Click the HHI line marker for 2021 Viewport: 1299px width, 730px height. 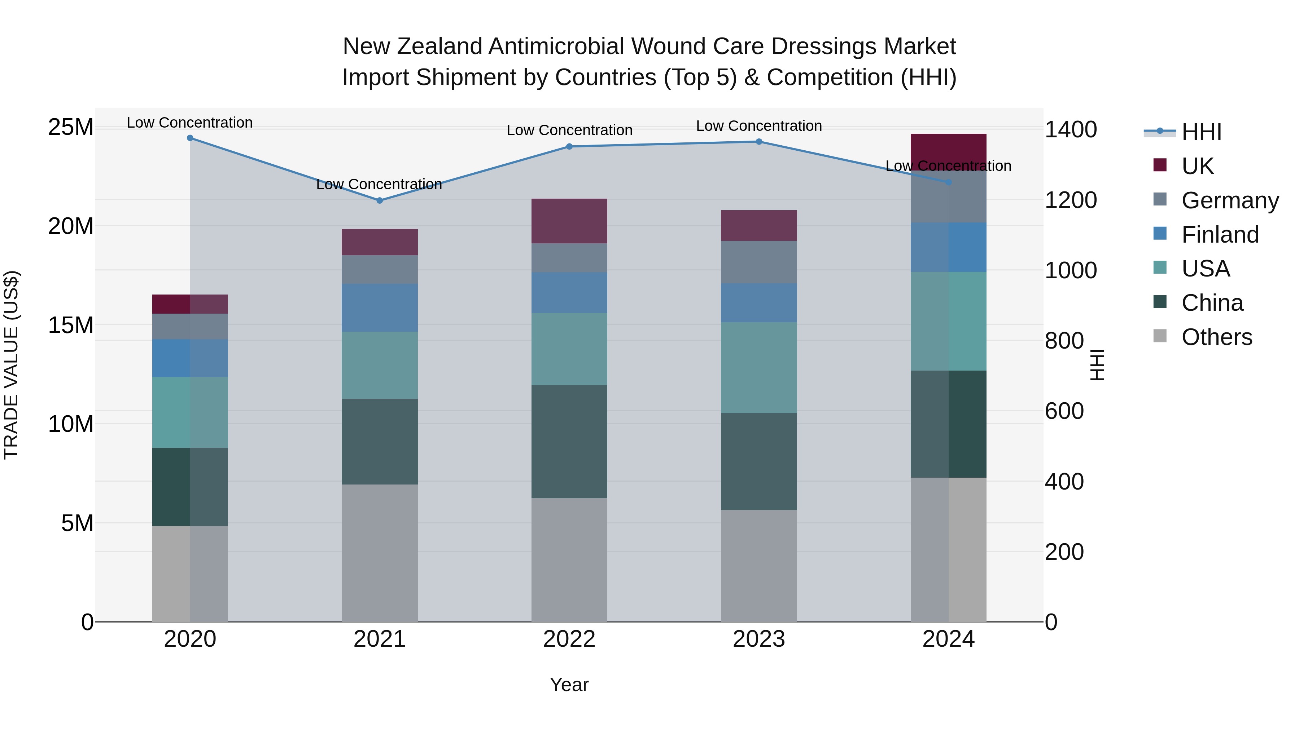tap(380, 200)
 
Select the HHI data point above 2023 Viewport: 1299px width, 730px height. tap(759, 142)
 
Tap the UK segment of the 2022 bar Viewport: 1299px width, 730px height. tap(569, 221)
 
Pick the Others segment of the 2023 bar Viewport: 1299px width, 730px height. tap(759, 565)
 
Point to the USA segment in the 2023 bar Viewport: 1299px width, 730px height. tap(759, 368)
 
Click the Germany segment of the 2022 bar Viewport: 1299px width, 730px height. tap(569, 258)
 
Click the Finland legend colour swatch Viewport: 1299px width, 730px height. tap(1160, 234)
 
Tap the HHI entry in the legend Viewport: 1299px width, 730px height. tap(1201, 132)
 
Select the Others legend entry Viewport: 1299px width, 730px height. tap(1216, 337)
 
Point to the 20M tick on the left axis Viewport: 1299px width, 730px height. tap(71, 226)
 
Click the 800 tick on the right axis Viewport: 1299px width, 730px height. tap(1064, 341)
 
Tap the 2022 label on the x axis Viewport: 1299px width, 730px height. tap(569, 639)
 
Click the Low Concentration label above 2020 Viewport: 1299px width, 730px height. tap(189, 123)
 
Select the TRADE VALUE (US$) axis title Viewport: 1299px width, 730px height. tap(11, 365)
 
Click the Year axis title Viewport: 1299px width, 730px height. tap(569, 685)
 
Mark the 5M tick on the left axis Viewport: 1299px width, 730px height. tap(77, 523)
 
